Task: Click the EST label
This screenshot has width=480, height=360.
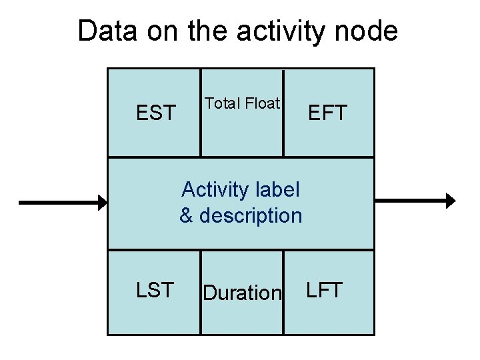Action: pyautogui.click(x=155, y=113)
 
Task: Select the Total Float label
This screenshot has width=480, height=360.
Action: pyautogui.click(x=243, y=103)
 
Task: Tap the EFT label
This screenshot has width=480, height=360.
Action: pyautogui.click(x=327, y=113)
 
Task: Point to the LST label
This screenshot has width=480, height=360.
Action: pyautogui.click(x=155, y=290)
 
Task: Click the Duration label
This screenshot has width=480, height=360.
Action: pyautogui.click(x=242, y=293)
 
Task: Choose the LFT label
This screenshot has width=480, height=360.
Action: pyautogui.click(x=325, y=290)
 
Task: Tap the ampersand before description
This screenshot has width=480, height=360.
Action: pyautogui.click(x=187, y=216)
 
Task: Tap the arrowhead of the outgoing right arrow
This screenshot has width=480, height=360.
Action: pyautogui.click(x=451, y=200)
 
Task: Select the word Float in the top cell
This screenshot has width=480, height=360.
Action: pyautogui.click(x=262, y=103)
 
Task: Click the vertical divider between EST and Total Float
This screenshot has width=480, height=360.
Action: pyautogui.click(x=201, y=113)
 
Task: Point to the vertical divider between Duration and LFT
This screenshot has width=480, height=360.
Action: pyautogui.click(x=283, y=292)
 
